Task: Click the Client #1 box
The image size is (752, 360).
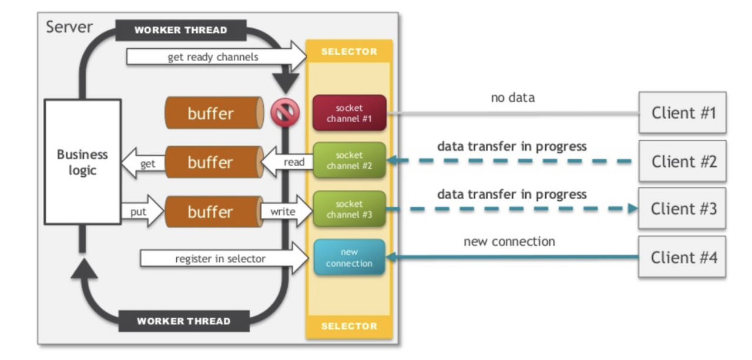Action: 683,112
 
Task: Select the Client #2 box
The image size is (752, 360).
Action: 683,161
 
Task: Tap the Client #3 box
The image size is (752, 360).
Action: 682,208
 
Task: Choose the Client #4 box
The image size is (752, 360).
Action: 682,257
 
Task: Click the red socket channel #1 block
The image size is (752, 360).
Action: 349,113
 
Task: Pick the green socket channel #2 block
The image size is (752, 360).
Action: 349,160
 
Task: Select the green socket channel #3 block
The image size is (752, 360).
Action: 349,208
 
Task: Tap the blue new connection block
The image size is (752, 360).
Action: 349,257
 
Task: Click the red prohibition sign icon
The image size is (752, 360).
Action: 285,112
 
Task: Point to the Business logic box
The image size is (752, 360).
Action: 83,162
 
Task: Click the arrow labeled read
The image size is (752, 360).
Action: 287,162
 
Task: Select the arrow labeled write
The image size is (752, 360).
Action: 287,211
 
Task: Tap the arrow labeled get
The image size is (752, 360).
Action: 143,163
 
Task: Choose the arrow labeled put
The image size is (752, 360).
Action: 143,211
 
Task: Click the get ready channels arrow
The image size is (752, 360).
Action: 217,56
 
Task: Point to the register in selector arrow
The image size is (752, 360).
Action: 224,258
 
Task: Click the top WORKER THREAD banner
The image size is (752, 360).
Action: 181,30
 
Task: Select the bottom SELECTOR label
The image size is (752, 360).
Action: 349,326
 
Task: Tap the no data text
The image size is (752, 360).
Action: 513,97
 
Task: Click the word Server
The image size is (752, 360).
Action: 69,27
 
